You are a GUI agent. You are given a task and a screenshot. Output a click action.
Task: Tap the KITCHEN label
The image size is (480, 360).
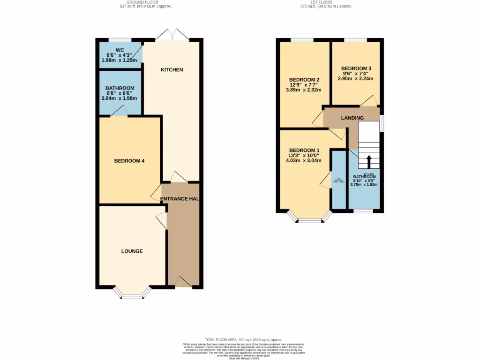click(x=172, y=70)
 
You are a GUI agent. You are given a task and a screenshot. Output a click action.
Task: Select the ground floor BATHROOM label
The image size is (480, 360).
click(x=120, y=88)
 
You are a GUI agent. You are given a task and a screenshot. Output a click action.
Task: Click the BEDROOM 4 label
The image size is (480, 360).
click(x=129, y=161)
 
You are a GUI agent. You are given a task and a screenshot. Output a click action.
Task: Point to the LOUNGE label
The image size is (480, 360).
click(x=132, y=251)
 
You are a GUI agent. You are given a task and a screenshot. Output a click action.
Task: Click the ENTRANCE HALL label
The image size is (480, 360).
click(x=180, y=199)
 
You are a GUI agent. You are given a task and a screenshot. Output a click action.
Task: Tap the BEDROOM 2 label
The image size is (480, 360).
click(x=305, y=80)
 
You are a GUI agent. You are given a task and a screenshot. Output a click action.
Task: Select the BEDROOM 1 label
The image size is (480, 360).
click(x=305, y=150)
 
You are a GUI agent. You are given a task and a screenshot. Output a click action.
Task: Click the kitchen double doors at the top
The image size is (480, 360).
click(x=173, y=35)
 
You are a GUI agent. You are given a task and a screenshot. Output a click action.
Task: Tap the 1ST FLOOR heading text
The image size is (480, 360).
click(x=325, y=2)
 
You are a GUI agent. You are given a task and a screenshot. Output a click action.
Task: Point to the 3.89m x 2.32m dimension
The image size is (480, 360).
click(x=305, y=90)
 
